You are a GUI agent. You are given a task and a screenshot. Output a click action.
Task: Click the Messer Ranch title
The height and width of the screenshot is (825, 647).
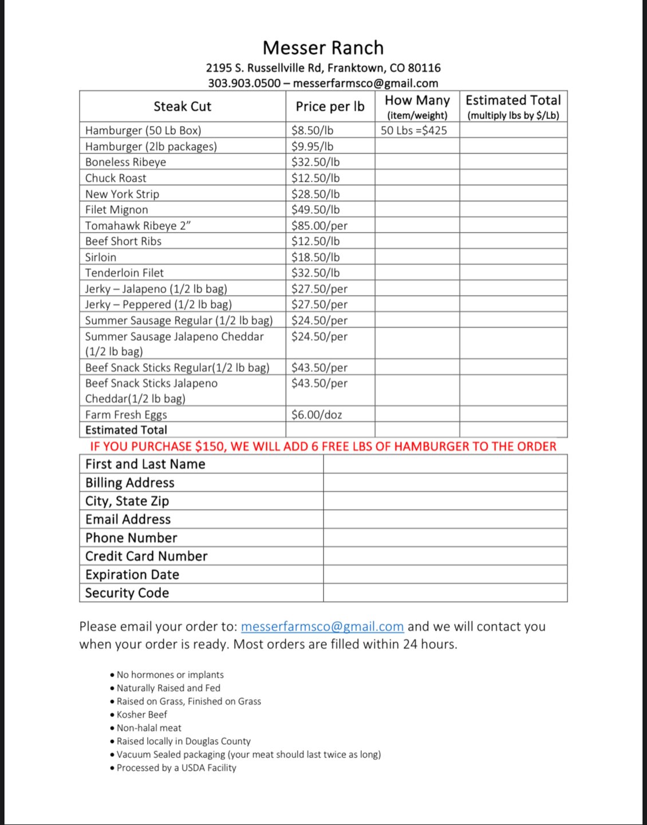(323, 48)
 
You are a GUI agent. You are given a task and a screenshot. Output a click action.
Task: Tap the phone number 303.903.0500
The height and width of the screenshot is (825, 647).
(244, 83)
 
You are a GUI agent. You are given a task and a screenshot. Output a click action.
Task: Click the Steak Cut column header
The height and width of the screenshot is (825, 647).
(182, 107)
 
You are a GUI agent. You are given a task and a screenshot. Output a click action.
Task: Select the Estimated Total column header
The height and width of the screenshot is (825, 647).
(513, 101)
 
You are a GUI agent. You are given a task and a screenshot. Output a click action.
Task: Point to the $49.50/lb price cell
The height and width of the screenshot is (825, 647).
(315, 210)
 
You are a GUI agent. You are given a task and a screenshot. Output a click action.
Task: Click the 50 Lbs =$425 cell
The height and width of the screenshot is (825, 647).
(413, 131)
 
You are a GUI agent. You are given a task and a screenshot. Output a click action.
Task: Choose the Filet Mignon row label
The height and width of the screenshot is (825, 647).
(117, 210)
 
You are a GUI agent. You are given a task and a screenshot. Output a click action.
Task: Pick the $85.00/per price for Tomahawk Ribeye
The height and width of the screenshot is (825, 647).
(319, 226)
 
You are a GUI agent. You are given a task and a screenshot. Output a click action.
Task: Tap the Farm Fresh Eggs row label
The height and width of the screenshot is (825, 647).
(126, 414)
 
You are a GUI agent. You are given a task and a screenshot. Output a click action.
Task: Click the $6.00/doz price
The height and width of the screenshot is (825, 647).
(316, 414)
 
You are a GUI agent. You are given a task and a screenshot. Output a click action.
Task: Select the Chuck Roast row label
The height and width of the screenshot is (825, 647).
(116, 178)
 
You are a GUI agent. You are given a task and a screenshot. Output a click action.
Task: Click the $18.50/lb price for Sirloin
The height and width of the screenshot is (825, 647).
(315, 257)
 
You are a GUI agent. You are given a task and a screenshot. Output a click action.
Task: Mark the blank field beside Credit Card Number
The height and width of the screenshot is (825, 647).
(445, 556)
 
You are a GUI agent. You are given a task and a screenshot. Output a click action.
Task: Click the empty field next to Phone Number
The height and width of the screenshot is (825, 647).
(445, 537)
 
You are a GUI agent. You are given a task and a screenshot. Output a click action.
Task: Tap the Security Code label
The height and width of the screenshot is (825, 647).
(127, 593)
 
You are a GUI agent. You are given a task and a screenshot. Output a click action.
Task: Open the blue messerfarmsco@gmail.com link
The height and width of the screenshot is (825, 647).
(322, 627)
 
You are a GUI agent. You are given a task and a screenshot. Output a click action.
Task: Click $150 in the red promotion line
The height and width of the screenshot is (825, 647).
(210, 446)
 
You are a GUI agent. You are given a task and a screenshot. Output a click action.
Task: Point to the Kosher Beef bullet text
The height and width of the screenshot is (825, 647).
(142, 714)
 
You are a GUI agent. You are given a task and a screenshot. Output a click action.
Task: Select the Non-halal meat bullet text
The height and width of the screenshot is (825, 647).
(149, 728)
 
